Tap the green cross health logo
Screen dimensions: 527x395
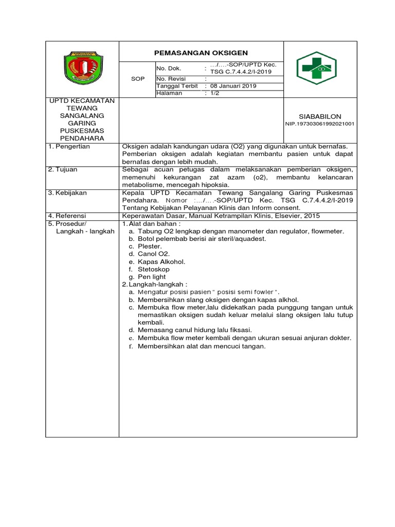(x=316, y=68)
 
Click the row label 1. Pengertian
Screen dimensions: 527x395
(x=69, y=147)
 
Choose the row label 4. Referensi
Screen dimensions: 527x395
(x=67, y=216)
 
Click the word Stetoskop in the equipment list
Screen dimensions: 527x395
(x=153, y=269)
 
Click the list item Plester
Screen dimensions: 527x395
(x=150, y=247)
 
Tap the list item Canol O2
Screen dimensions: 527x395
(x=153, y=254)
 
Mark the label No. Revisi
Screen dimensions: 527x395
(x=170, y=79)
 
